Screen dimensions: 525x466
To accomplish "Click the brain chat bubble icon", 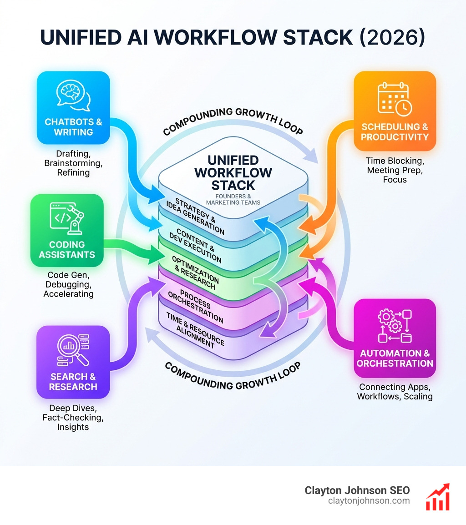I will (73, 96).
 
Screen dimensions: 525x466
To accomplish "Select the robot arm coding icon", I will (67, 217).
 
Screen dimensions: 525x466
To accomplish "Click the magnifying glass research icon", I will (73, 349).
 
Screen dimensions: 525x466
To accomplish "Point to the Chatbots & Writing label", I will (73, 127).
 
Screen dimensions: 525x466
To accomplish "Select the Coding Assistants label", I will (67, 249).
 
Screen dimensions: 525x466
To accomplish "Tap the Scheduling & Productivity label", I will (395, 131).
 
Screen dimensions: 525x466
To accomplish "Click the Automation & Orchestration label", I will (395, 358).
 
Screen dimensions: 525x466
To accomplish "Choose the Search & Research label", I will (73, 381).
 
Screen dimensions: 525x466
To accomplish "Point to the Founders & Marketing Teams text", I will (233, 199).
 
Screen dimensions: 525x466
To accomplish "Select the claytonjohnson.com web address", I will (369, 501).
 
